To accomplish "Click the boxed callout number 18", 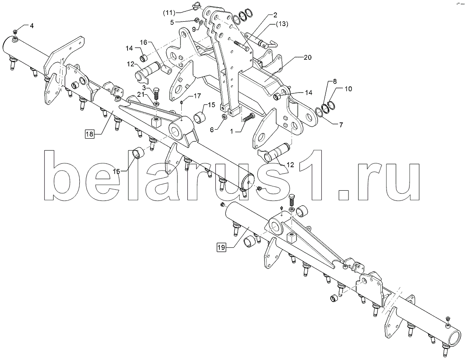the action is click(x=90, y=134).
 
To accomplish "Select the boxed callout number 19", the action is click(x=221, y=247).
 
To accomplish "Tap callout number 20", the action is click(x=308, y=57).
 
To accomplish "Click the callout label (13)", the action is click(x=282, y=24).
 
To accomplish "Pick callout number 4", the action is click(x=32, y=26).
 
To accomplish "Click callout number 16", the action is click(x=143, y=42).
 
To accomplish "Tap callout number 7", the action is click(x=341, y=125).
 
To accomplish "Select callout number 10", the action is click(x=348, y=88).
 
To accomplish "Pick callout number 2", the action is click(x=275, y=15).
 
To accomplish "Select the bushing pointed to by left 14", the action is click(x=144, y=58).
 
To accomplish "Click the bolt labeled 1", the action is click(x=248, y=118).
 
